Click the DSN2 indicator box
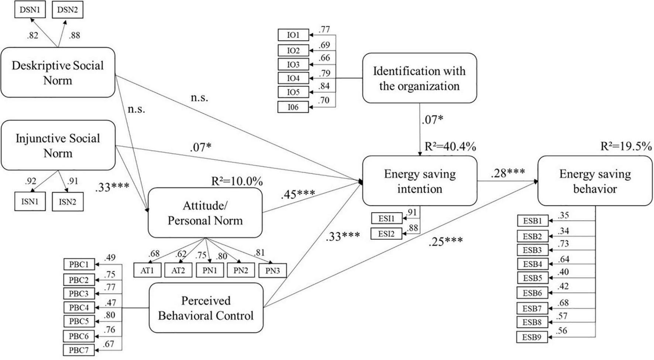[68, 10]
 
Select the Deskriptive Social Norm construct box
[58, 73]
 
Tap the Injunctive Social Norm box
[58, 145]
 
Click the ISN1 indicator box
[30, 202]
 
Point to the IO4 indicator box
[293, 78]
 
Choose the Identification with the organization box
[419, 78]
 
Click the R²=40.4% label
[450, 147]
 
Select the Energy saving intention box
[420, 181]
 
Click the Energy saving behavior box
[595, 181]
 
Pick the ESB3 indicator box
[532, 250]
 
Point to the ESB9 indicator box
[532, 337]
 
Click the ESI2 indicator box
[386, 234]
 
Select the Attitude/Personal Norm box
[205, 213]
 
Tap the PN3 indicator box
[272, 271]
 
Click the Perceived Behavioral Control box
[206, 308]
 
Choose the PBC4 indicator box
[79, 307]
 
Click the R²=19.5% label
[626, 146]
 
